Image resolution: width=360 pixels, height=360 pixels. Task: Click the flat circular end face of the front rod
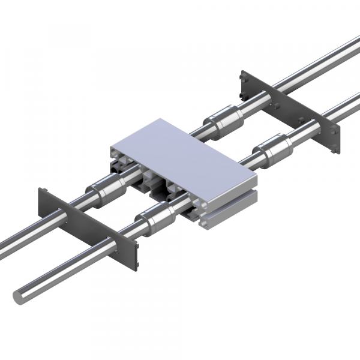click(x=20, y=295)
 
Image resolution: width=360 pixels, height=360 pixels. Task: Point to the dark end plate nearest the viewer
click(x=90, y=228)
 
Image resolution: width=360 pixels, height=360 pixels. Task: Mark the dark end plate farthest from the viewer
click(x=291, y=111)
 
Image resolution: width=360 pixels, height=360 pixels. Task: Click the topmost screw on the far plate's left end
click(x=243, y=77)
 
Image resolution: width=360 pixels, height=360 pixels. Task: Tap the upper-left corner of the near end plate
click(x=41, y=191)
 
